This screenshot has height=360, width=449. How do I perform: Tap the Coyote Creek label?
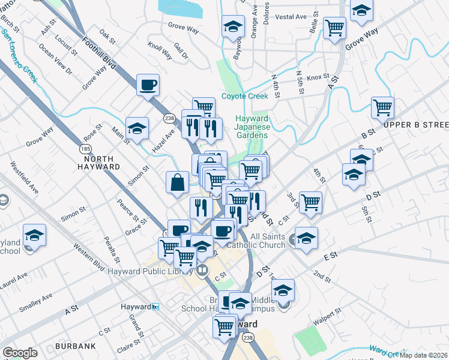244,96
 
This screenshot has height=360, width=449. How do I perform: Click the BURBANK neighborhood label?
75,346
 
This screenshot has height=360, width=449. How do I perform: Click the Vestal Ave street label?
291,17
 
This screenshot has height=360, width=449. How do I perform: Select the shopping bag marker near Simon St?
178,182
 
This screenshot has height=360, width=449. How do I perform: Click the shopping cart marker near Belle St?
334,27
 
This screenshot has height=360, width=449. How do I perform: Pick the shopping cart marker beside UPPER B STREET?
382,107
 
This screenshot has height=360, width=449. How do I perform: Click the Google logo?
20,352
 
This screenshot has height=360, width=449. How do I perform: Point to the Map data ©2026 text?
423,355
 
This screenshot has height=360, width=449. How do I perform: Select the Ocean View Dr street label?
55,59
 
